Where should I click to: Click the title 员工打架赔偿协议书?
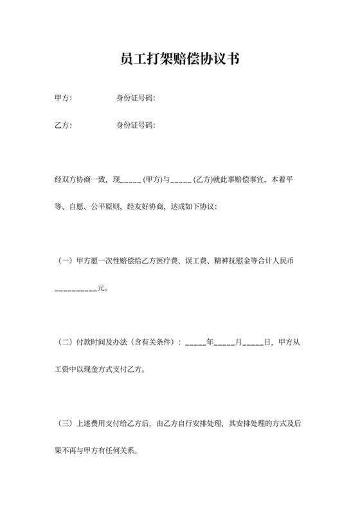(180, 60)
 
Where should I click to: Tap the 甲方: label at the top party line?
(64, 98)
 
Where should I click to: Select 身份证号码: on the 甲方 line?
(136, 98)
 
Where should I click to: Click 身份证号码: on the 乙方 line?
(136, 125)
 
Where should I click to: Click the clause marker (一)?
(65, 261)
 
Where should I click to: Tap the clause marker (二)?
(65, 343)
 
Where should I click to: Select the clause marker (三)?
(65, 424)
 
